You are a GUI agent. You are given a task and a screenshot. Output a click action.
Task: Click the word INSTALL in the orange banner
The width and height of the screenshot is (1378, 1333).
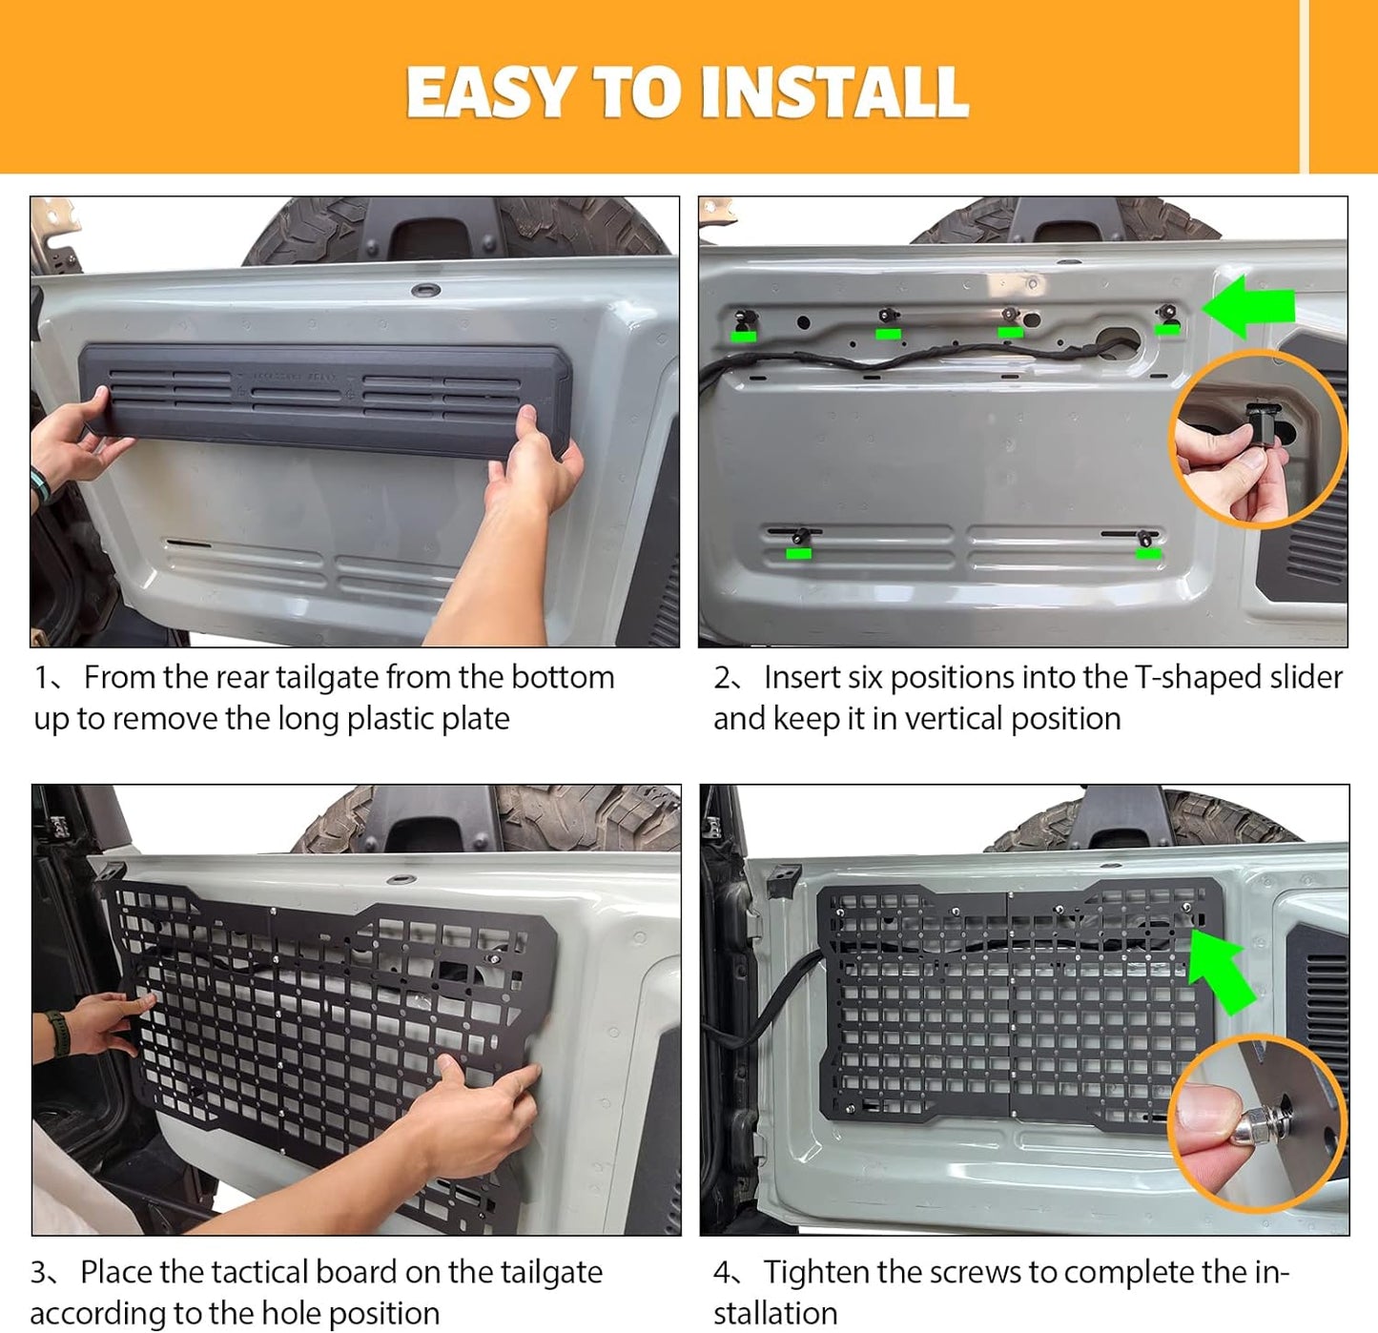tap(834, 92)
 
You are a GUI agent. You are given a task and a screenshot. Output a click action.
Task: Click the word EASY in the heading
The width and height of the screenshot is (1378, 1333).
tap(489, 92)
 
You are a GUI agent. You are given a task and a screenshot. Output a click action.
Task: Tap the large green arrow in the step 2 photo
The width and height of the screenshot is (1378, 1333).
tap(1249, 306)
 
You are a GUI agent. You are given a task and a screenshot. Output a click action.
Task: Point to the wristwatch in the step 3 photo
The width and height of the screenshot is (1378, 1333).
tap(55, 1034)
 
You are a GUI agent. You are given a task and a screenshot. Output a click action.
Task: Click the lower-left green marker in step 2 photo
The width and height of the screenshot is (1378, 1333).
tap(799, 554)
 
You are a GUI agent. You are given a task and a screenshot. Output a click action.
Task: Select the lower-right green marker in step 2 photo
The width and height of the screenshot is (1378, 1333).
tap(1148, 554)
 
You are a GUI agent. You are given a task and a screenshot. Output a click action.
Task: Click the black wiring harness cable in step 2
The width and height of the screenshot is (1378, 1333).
tap(920, 359)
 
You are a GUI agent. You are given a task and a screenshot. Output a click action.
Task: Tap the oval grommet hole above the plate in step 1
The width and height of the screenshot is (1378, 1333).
tap(425, 290)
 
